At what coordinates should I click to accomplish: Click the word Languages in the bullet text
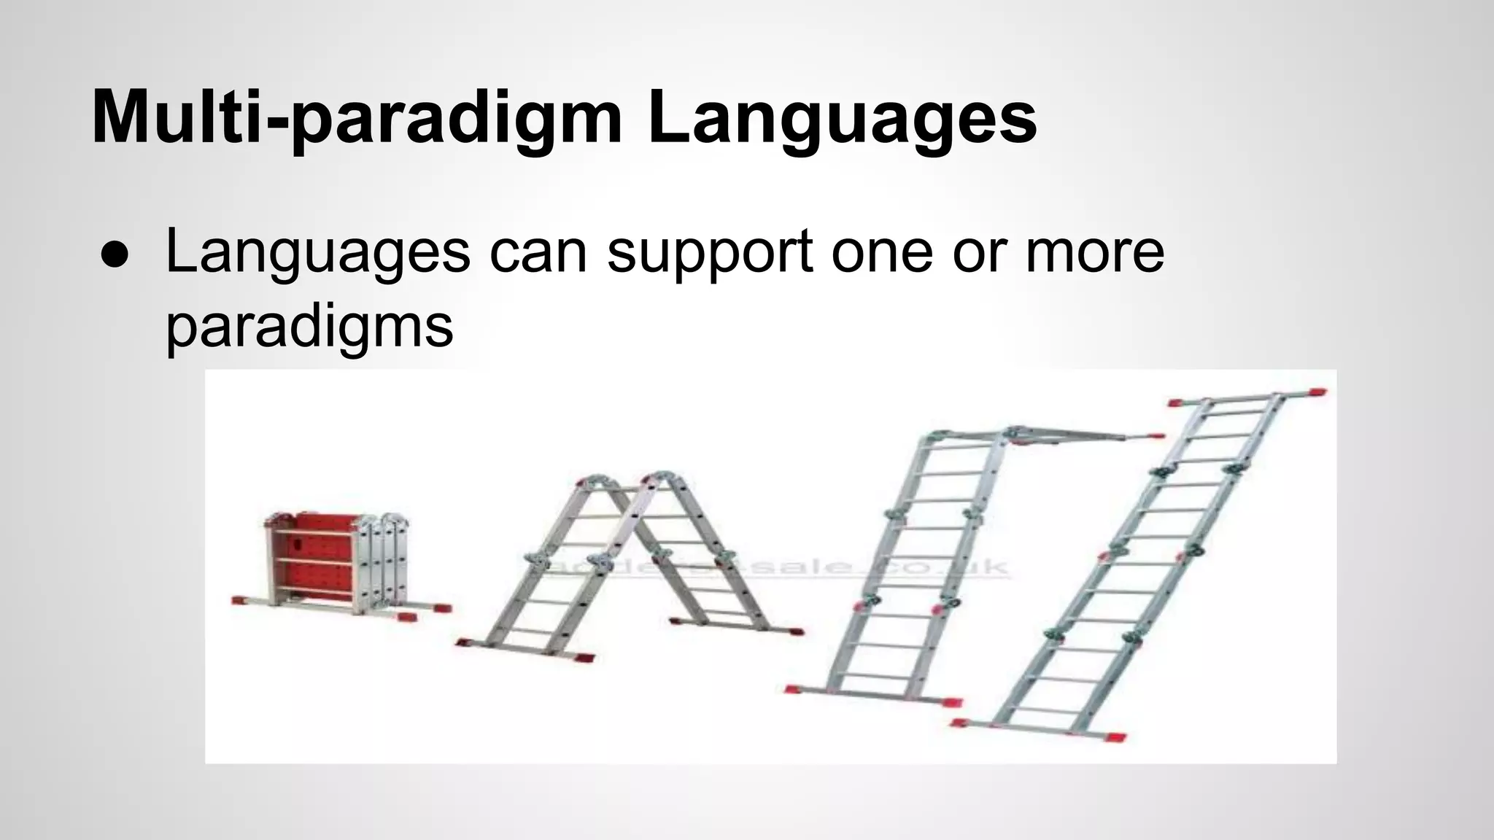pyautogui.click(x=318, y=252)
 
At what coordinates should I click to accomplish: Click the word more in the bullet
pyautogui.click(x=1094, y=252)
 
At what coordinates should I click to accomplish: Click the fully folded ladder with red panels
pyautogui.click(x=336, y=565)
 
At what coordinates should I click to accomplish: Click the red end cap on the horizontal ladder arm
pyautogui.click(x=1155, y=437)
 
